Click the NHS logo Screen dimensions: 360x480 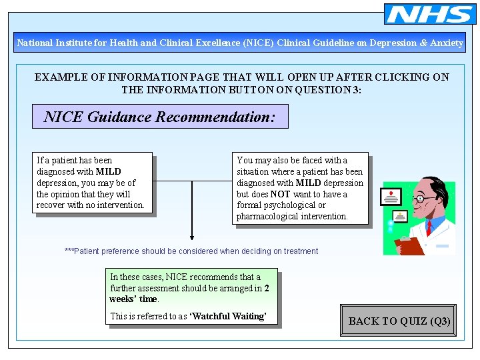[x=430, y=14]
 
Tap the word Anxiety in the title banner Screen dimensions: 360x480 [x=447, y=43]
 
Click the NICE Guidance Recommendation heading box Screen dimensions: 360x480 [x=160, y=117]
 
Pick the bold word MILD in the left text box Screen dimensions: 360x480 [x=108, y=171]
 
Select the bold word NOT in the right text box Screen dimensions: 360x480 [x=280, y=194]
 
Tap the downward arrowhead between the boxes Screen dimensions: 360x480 [x=192, y=235]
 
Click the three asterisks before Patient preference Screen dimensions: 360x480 [x=69, y=251]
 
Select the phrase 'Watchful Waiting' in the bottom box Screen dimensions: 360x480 [x=227, y=316]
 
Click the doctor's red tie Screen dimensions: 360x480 [x=429, y=228]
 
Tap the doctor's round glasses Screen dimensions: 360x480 [x=419, y=198]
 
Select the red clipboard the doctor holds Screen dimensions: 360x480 [x=409, y=246]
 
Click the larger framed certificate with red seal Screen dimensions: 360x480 [x=391, y=197]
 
